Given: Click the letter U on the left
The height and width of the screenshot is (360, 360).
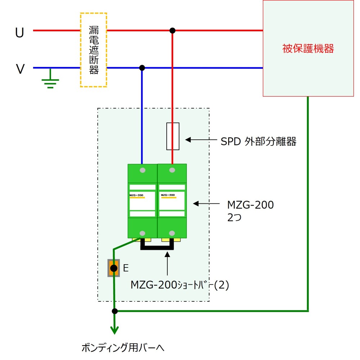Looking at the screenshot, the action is tap(19, 32).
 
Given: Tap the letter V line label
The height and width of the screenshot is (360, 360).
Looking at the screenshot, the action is tap(20, 69).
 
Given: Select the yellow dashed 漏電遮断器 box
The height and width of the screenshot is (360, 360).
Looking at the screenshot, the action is tap(94, 50).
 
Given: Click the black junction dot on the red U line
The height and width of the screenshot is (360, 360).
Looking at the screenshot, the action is tap(172, 30).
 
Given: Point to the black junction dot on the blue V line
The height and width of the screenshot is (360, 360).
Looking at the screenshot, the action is tap(142, 68).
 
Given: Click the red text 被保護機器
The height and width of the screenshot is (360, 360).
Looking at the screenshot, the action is tap(308, 49).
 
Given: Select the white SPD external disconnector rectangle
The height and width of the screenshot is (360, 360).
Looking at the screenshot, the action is tap(173, 136).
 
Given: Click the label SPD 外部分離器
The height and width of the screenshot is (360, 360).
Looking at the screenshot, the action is tap(258, 141).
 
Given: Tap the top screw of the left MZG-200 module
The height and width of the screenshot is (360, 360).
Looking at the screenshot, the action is tap(143, 170).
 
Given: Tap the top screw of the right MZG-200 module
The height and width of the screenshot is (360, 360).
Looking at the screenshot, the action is tap(172, 170).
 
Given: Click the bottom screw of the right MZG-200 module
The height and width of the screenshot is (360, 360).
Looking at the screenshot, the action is tap(172, 233).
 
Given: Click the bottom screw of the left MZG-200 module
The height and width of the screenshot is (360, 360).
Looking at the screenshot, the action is tap(142, 233).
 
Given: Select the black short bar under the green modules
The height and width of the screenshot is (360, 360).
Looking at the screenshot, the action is tap(157, 248).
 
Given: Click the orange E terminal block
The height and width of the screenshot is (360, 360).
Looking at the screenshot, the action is tap(114, 268).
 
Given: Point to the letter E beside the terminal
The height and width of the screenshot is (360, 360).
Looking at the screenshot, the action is tap(126, 268).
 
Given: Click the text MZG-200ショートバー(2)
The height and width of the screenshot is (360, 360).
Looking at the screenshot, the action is tap(180, 285).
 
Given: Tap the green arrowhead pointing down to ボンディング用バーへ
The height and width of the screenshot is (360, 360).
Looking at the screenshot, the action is tap(114, 330).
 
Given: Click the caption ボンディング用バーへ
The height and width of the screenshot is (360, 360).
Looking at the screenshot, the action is tap(123, 347).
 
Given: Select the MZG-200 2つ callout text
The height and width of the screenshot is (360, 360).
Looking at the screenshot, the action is tap(251, 211).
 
